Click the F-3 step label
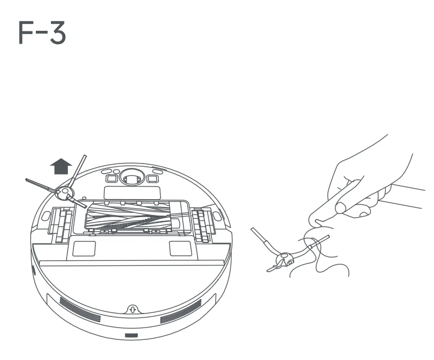tap(42, 34)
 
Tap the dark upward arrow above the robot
tap(61, 167)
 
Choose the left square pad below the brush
tap(83, 247)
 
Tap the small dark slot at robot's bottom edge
tap(131, 335)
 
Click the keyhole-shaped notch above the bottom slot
tap(132, 308)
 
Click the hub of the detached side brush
tap(285, 258)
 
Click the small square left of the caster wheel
tap(111, 179)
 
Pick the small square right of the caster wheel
tap(151, 179)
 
